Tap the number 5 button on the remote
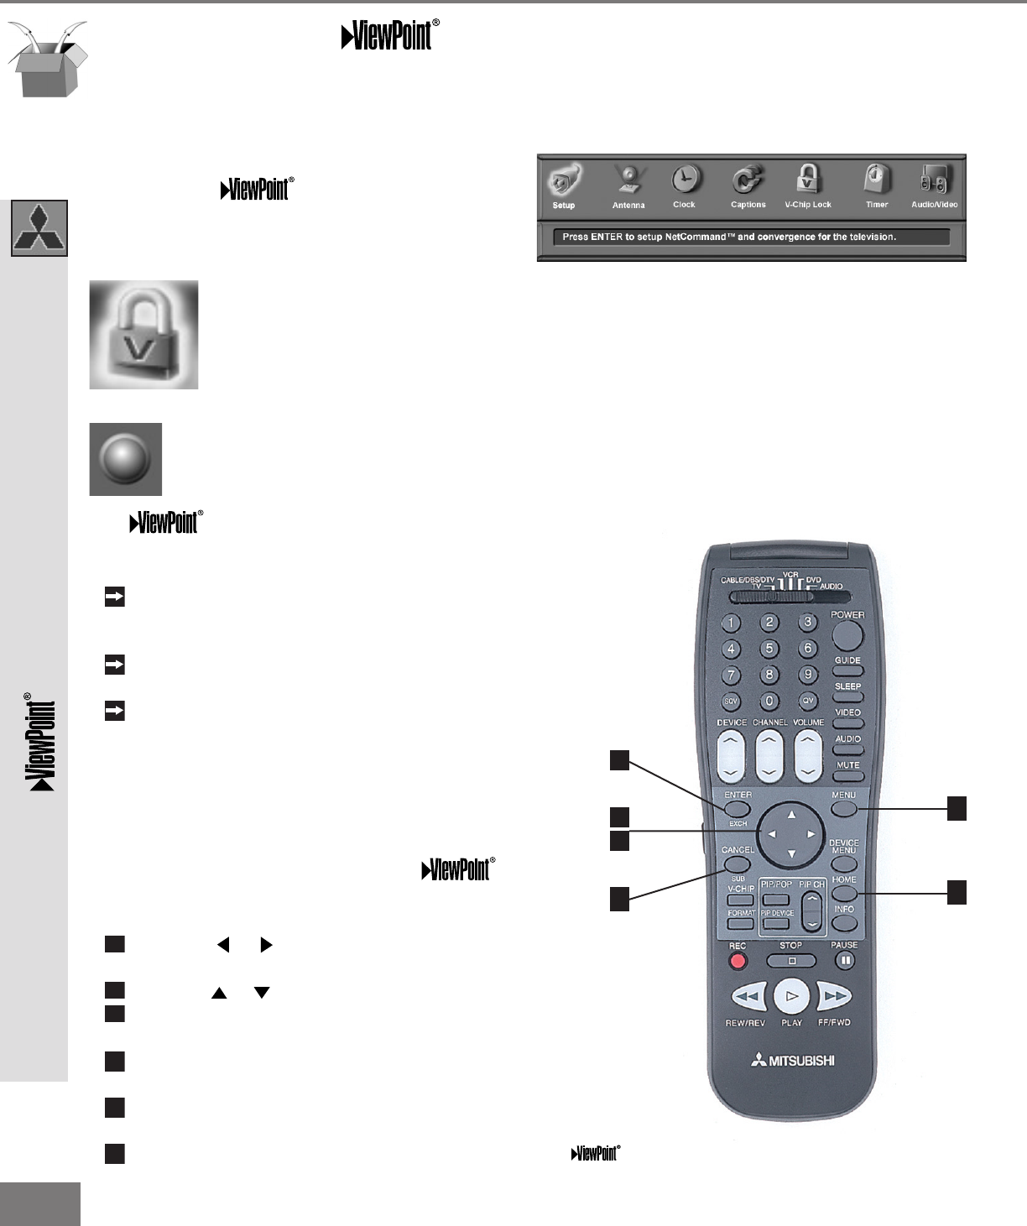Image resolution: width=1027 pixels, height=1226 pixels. click(x=769, y=649)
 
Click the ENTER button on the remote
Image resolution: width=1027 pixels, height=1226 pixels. click(x=738, y=809)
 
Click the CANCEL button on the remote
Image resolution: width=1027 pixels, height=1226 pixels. click(x=737, y=864)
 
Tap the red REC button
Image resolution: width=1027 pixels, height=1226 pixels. click(x=738, y=961)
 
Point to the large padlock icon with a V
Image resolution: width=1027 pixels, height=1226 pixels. click(x=143, y=335)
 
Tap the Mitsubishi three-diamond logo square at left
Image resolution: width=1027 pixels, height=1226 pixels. click(x=39, y=227)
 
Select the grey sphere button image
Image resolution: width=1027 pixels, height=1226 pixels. click(x=125, y=459)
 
